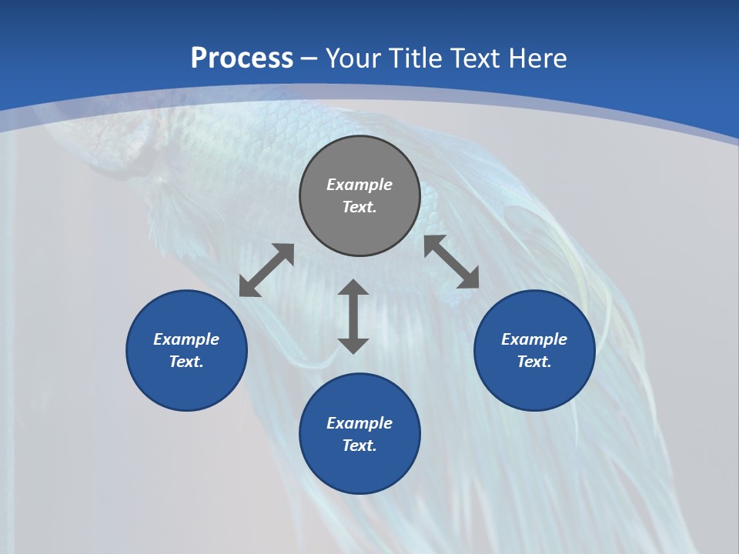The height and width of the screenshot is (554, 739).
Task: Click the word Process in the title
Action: pyautogui.click(x=242, y=58)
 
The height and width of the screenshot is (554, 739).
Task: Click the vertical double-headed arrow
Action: pyautogui.click(x=353, y=316)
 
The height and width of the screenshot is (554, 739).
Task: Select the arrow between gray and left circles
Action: pyautogui.click(x=266, y=270)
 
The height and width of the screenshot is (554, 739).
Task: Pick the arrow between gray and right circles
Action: pyautogui.click(x=452, y=262)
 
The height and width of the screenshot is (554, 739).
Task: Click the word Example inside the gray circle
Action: pyautogui.click(x=359, y=185)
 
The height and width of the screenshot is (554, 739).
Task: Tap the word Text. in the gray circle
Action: pyautogui.click(x=359, y=207)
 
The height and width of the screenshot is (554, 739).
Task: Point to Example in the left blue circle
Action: pyautogui.click(x=186, y=339)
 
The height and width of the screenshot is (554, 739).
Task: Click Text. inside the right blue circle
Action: pyautogui.click(x=534, y=362)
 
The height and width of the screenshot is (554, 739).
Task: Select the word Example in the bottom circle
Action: pyautogui.click(x=359, y=423)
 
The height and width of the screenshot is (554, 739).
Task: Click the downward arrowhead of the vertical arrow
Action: pyautogui.click(x=353, y=345)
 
